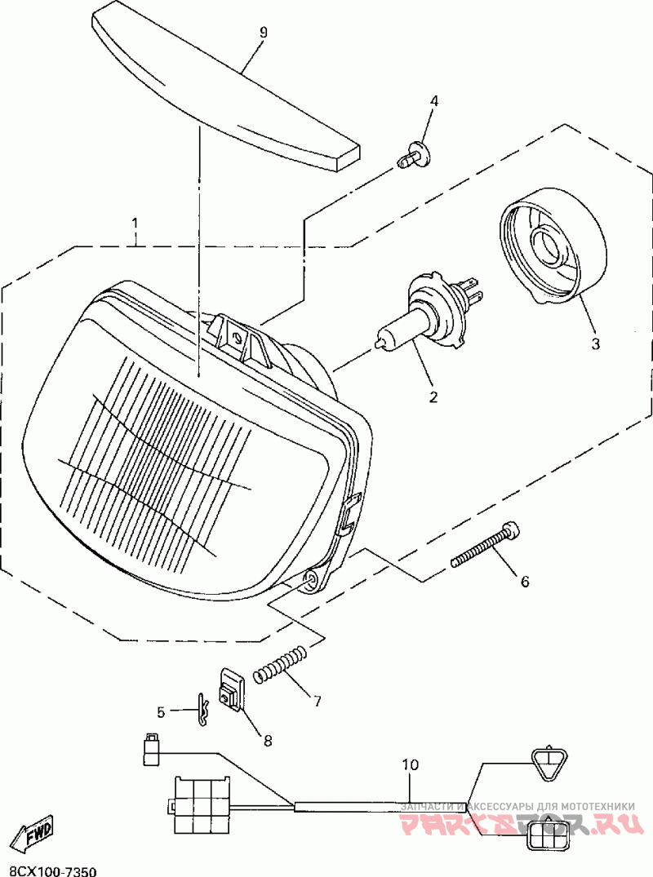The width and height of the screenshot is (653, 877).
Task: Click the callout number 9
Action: click(x=263, y=33)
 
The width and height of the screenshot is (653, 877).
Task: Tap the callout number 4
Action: click(x=434, y=101)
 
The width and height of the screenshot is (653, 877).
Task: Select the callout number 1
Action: click(x=135, y=223)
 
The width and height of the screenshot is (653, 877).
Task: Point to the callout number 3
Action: click(x=595, y=344)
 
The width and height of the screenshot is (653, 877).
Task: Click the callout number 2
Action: click(x=433, y=397)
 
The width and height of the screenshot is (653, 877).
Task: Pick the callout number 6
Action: click(x=525, y=582)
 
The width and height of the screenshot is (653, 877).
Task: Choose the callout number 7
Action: click(x=316, y=699)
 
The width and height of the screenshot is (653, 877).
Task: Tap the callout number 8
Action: click(x=267, y=740)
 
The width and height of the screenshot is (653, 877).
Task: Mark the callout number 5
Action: click(x=161, y=712)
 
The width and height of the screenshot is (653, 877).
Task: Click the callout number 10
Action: click(x=410, y=764)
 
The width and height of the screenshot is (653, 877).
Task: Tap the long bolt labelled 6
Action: click(x=486, y=546)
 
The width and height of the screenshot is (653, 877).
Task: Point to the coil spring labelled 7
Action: click(x=281, y=663)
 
